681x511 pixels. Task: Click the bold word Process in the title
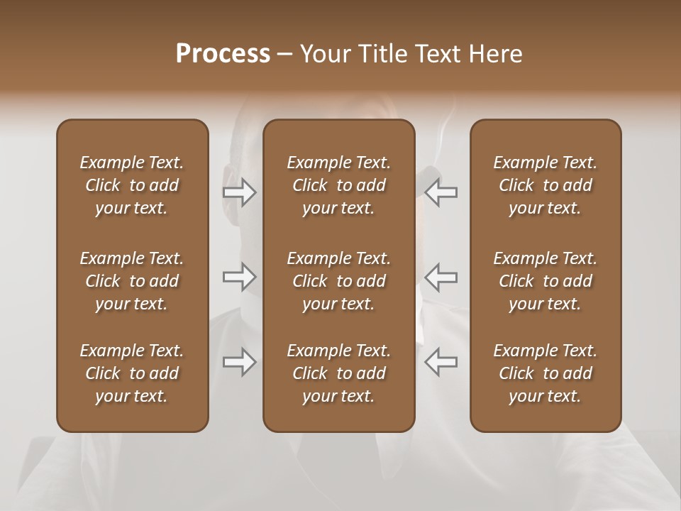coord(223,54)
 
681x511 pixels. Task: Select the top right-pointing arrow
coord(240,192)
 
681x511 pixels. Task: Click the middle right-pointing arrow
coord(240,278)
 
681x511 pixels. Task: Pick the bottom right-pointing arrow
coord(240,363)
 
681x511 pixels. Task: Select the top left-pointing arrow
coord(441,192)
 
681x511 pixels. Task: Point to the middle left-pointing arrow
coord(441,278)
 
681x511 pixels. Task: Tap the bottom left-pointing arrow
coord(441,363)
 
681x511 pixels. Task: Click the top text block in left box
coord(132,185)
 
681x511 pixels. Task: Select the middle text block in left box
coord(132,281)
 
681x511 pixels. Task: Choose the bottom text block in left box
coord(132,373)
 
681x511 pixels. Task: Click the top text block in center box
coord(338,185)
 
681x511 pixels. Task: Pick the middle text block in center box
coord(338,281)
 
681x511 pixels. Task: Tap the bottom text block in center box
coord(338,373)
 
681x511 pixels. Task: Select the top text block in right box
coord(545,185)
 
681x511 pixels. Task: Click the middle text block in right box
coord(545,281)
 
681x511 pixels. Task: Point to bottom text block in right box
coord(545,373)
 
